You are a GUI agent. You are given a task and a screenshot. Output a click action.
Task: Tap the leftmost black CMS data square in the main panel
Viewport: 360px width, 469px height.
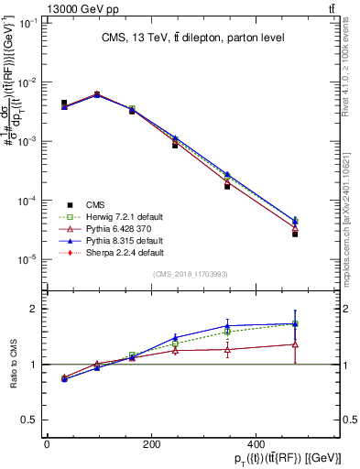[x=64, y=104]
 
